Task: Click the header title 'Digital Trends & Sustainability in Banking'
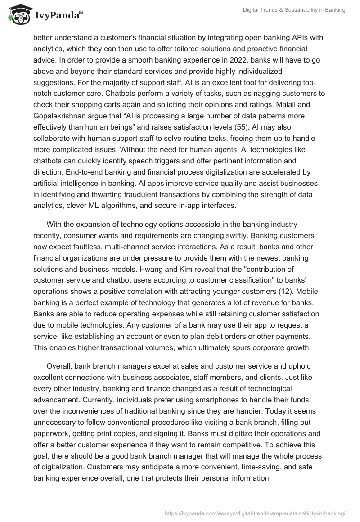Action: (293, 10)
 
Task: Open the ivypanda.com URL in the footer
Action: (255, 513)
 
